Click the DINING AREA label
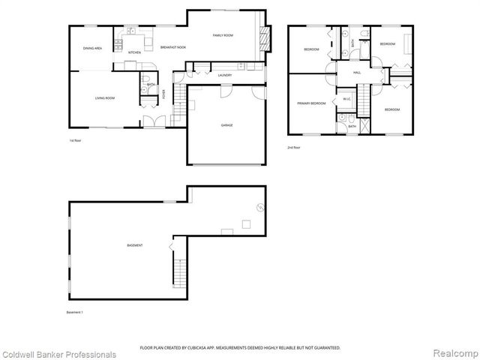tap(92, 48)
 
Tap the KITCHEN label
tap(134, 52)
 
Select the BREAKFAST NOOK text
tap(172, 48)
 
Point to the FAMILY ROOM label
tap(223, 35)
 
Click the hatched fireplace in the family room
tap(262, 35)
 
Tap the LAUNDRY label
tap(224, 75)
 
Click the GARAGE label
tap(226, 125)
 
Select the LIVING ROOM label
tap(104, 98)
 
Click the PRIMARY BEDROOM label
tap(311, 103)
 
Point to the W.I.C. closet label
tap(347, 99)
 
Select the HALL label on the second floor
tap(358, 72)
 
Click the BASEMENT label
tap(135, 246)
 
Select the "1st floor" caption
tap(75, 140)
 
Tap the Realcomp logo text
tap(454, 354)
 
